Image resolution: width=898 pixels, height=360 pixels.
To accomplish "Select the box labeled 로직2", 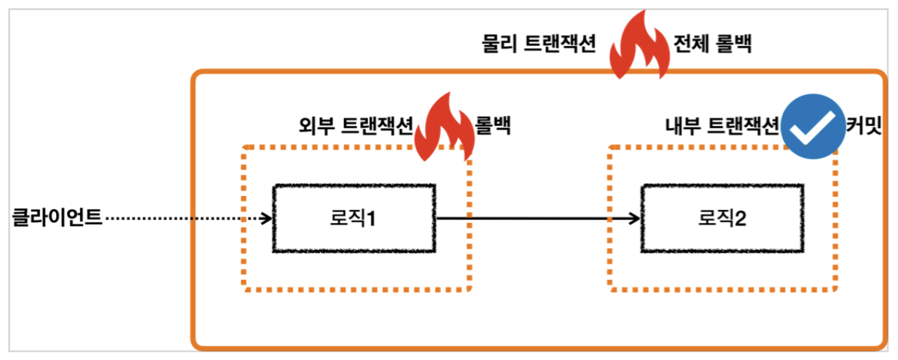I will click(x=722, y=218).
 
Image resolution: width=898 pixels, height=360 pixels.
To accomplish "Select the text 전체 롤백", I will click(x=714, y=45).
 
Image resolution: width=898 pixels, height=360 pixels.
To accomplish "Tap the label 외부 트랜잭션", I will click(x=356, y=126).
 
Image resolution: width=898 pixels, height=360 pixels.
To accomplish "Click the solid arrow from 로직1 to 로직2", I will click(x=525, y=218).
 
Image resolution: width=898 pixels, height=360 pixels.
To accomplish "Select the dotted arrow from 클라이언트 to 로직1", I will click(x=182, y=218).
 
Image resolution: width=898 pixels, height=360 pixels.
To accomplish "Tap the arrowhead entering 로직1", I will click(x=265, y=218).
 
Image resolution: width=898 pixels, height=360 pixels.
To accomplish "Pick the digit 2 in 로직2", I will click(x=738, y=218).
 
